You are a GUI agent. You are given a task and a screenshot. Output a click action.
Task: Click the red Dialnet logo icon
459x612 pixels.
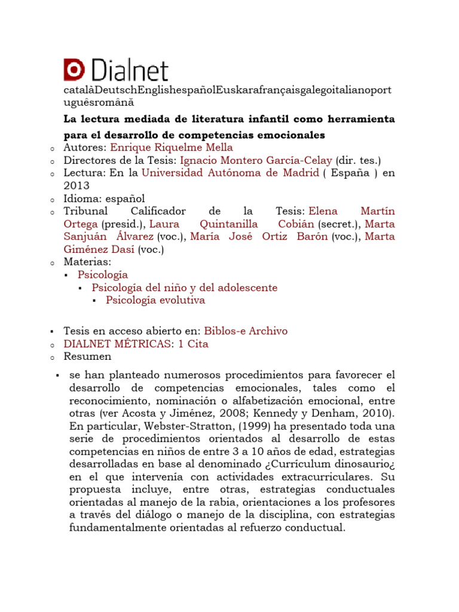click(74, 70)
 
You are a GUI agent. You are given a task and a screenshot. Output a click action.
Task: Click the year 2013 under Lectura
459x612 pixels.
click(76, 186)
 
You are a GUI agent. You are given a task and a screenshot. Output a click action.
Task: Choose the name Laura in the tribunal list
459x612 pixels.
click(164, 224)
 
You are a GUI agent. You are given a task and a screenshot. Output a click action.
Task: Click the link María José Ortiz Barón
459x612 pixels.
click(276, 236)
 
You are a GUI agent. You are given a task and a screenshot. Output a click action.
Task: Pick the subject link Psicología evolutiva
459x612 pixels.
click(155, 300)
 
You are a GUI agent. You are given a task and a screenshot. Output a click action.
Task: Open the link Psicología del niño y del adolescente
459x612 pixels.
click(185, 287)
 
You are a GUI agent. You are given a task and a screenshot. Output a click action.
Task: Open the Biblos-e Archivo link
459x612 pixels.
click(246, 331)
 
